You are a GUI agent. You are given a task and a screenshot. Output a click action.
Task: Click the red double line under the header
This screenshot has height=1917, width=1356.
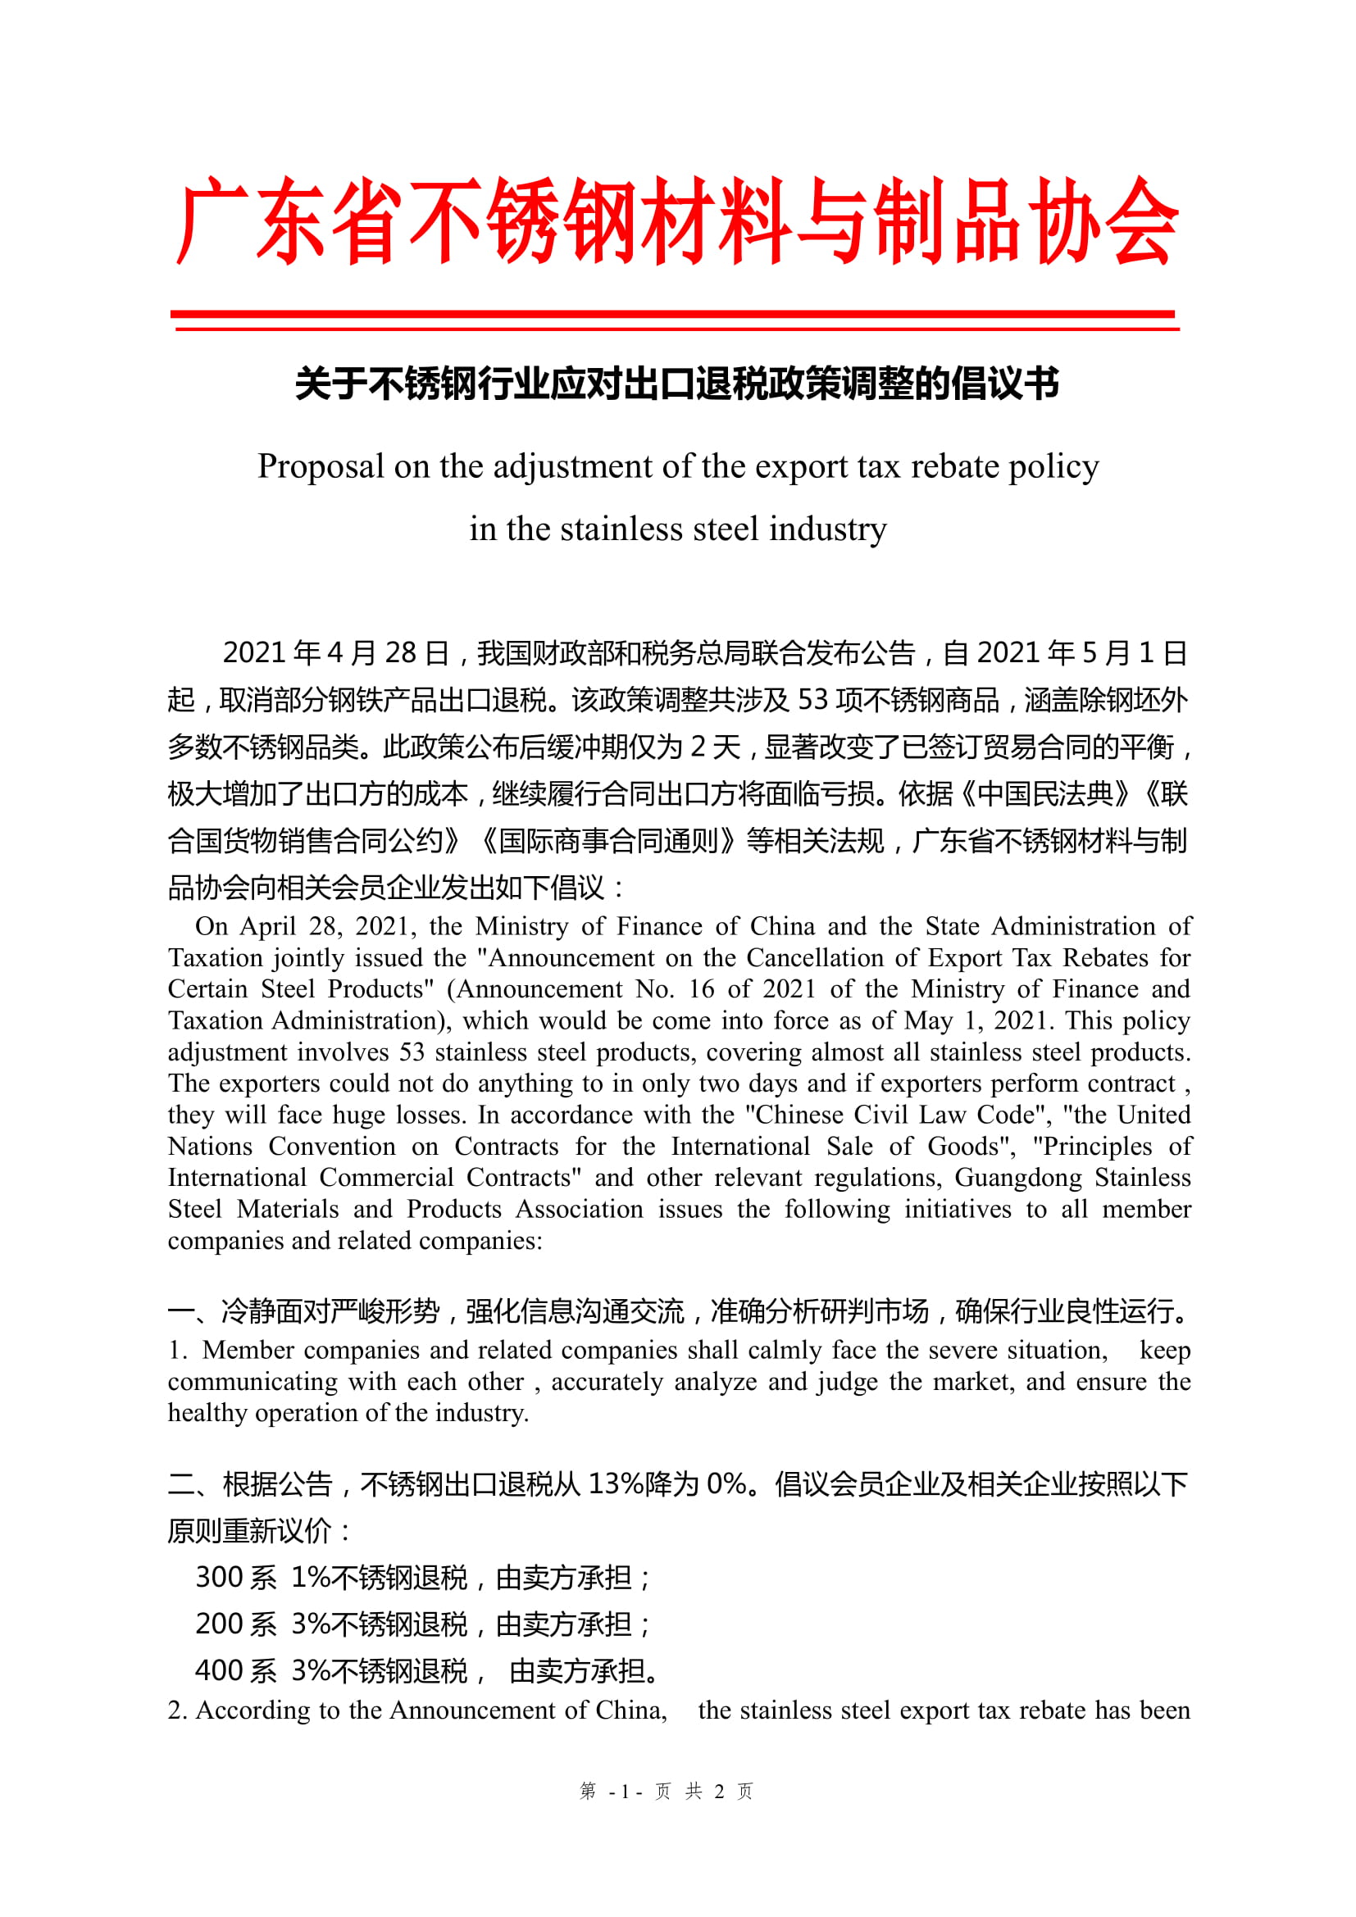(675, 321)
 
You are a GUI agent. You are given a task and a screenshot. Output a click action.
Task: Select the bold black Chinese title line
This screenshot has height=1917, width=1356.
(677, 384)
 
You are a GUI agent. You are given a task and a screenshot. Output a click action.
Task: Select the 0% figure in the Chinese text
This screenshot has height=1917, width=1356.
(726, 1483)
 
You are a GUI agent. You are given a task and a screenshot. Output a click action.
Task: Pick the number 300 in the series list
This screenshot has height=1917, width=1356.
(219, 1576)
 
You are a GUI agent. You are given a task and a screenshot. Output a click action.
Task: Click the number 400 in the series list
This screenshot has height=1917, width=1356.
(219, 1669)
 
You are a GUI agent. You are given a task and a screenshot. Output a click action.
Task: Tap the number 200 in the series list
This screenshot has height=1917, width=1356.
(219, 1623)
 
